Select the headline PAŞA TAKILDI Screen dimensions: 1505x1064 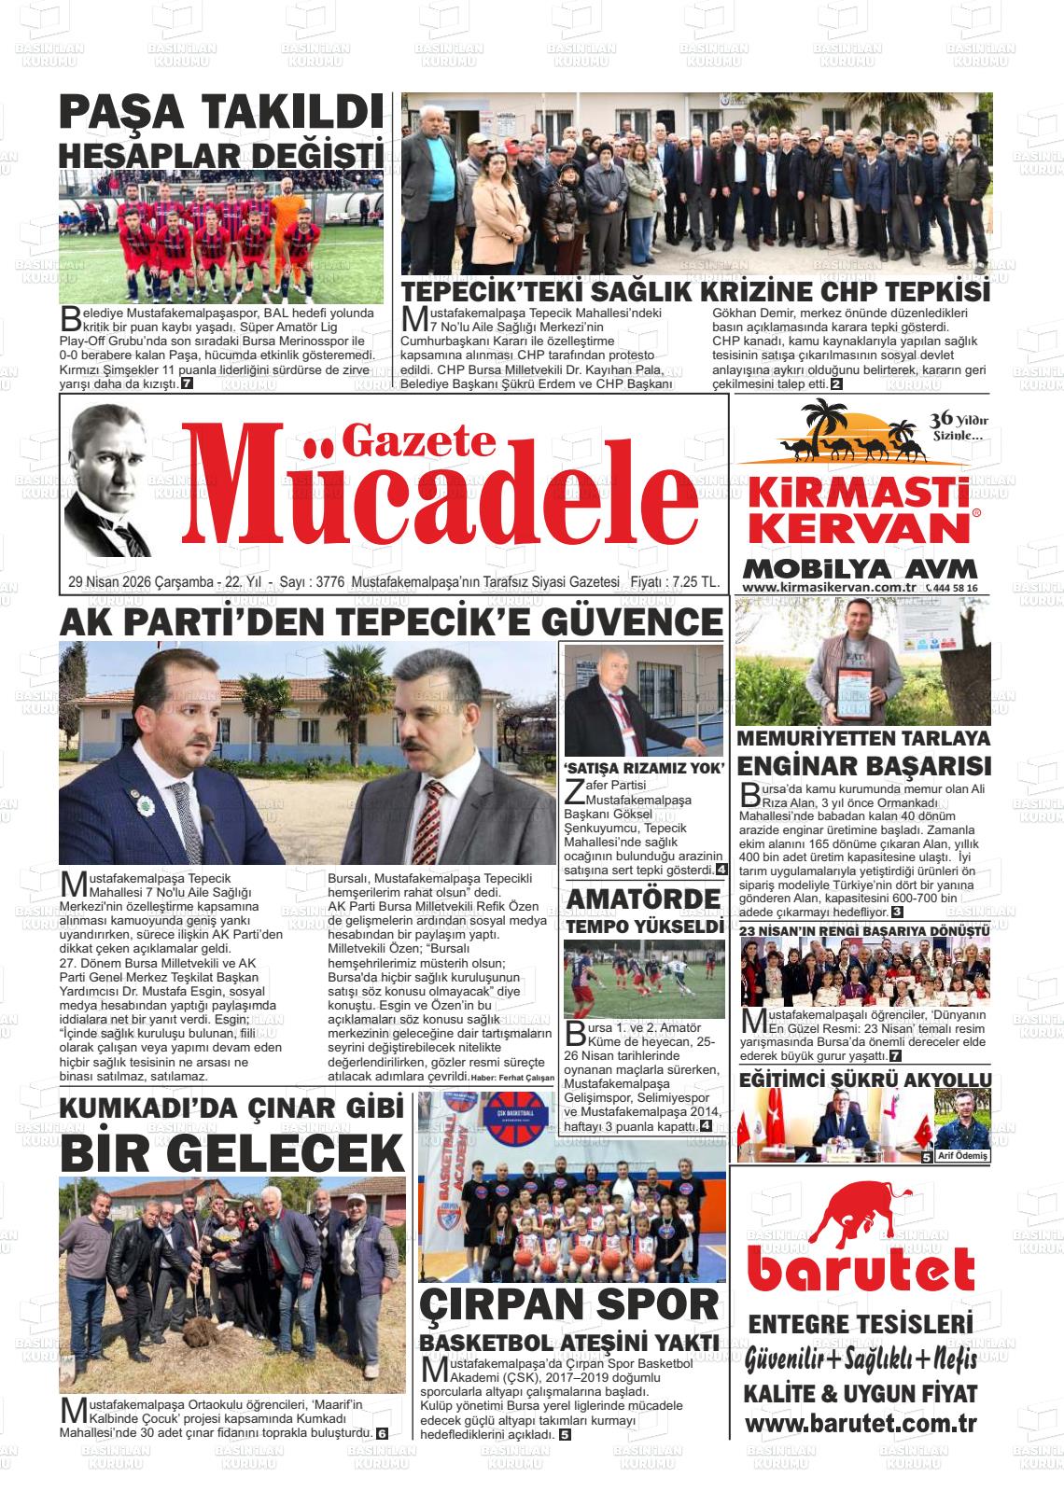(221, 115)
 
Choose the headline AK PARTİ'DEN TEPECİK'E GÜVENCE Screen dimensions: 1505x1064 (391, 622)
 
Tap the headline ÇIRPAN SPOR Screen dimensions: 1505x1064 (569, 1305)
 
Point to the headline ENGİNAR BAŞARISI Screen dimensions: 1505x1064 (864, 767)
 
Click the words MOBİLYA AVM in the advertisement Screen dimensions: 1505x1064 (861, 567)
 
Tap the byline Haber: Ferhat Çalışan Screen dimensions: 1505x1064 (512, 1078)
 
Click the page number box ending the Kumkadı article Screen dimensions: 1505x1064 (382, 1433)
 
